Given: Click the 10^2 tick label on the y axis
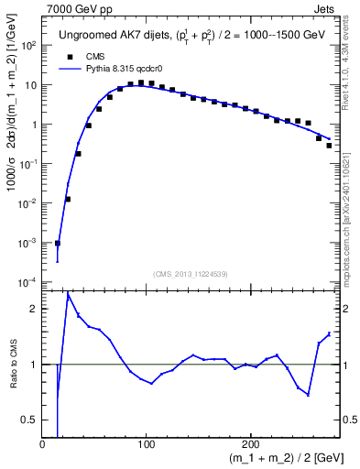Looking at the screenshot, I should [28, 45].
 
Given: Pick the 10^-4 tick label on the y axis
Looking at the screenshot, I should [27, 281].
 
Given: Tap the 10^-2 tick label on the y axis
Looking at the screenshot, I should [27, 202].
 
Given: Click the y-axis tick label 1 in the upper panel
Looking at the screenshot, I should [34, 124].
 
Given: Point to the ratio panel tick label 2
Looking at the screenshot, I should [33, 310].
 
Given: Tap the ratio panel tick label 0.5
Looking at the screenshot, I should [29, 420].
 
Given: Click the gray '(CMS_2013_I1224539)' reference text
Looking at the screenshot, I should [190, 273].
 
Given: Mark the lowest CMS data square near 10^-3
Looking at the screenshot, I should [57, 243].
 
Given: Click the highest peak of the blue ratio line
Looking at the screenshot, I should [68, 294].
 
